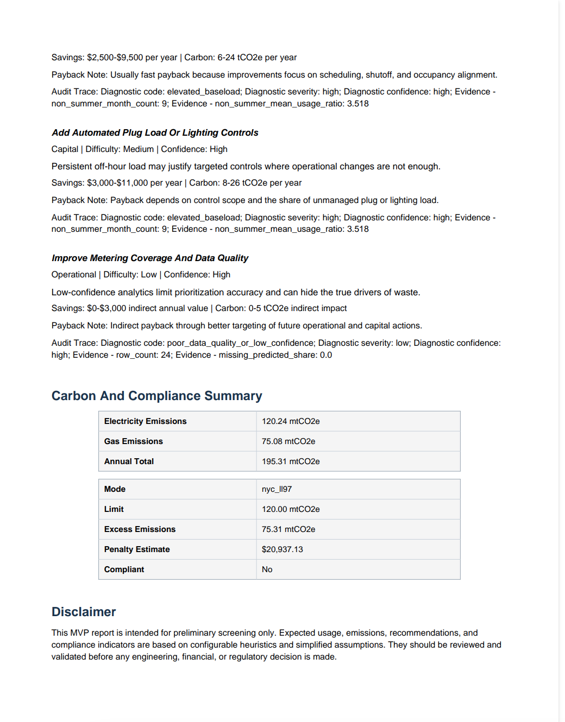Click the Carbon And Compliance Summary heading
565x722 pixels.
click(156, 396)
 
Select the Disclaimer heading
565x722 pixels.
click(84, 612)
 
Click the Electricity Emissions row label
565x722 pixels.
click(145, 421)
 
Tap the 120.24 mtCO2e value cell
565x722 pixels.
click(291, 421)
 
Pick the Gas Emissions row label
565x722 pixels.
click(134, 441)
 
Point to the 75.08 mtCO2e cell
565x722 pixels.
click(288, 441)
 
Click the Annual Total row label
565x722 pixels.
click(129, 461)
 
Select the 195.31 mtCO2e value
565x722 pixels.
click(291, 461)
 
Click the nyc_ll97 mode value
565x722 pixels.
click(277, 489)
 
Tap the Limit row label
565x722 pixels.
click(114, 509)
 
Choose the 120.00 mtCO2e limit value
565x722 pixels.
click(291, 509)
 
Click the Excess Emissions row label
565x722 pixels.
click(140, 529)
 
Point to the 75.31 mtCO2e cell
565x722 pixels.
click(288, 529)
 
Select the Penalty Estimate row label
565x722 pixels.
click(137, 549)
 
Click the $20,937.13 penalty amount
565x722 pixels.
click(282, 549)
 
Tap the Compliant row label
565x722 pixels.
click(124, 569)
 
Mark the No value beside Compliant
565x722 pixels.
click(267, 569)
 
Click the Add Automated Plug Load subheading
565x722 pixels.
click(155, 132)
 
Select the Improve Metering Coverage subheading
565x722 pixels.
click(150, 258)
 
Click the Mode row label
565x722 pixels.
click(115, 489)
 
